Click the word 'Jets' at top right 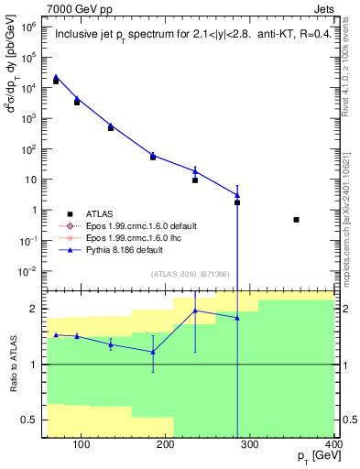coord(322,7)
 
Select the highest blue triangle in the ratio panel coord(195,311)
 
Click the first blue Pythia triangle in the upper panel coord(56,77)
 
